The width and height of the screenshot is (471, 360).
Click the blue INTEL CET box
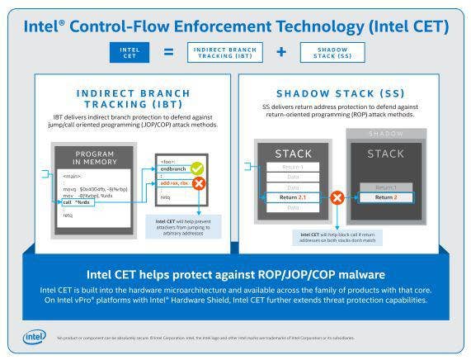pyautogui.click(x=130, y=52)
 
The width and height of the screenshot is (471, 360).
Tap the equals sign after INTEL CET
pyautogui.click(x=168, y=52)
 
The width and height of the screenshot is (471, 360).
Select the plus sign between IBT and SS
pyautogui.click(x=280, y=52)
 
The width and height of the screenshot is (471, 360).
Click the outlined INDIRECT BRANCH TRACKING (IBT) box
pyautogui.click(x=224, y=52)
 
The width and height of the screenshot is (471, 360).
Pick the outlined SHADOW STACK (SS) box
pyautogui.click(x=332, y=52)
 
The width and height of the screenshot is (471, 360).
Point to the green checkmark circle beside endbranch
pyautogui.click(x=196, y=168)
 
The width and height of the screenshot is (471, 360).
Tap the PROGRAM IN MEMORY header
pyautogui.click(x=95, y=159)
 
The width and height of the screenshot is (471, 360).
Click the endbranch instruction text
pyautogui.click(x=172, y=171)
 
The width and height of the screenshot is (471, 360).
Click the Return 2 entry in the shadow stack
pyautogui.click(x=385, y=198)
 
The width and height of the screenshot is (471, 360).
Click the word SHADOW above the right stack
pyautogui.click(x=386, y=133)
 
